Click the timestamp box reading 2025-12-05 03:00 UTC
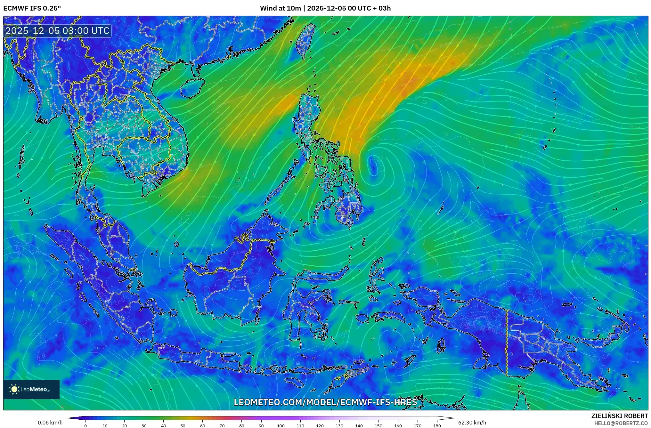pos(58,31)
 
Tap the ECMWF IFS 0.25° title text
pos(32,8)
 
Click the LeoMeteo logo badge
pos(31,389)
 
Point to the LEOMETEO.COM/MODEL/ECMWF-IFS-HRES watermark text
pos(325,402)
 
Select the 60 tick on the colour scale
pos(202,426)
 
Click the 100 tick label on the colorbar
pos(281,426)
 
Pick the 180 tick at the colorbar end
pos(437,426)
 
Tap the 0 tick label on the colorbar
pos(85,426)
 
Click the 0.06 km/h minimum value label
pos(50,423)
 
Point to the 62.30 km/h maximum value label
pos(472,423)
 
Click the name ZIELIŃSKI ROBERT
pos(619,416)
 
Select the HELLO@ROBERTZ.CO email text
pos(621,423)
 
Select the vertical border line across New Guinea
pos(507,343)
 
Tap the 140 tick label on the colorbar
pos(359,426)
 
